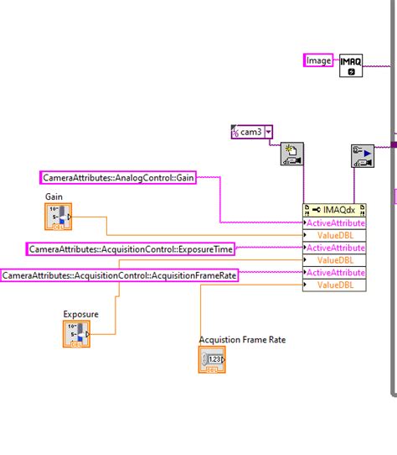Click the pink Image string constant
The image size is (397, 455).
coord(318,60)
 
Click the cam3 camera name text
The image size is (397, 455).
coord(250,132)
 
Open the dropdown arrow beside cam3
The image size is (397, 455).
coord(268,132)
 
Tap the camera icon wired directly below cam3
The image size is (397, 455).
coord(291,155)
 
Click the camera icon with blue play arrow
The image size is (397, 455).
coord(362,156)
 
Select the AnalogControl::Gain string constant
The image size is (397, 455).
coord(129,177)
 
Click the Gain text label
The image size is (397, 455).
coord(54,196)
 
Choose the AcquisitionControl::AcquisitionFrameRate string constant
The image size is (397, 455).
coord(119,275)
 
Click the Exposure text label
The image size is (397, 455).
coord(80,314)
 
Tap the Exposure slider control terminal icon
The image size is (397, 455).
coord(76,335)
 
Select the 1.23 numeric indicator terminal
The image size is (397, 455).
coord(212,360)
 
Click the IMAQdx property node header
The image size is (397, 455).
coord(334,210)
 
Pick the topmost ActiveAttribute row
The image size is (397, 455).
coord(334,223)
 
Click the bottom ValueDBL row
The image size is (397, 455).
coord(334,285)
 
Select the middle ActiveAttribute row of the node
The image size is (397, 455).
coord(334,248)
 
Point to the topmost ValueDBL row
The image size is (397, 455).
coord(334,236)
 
